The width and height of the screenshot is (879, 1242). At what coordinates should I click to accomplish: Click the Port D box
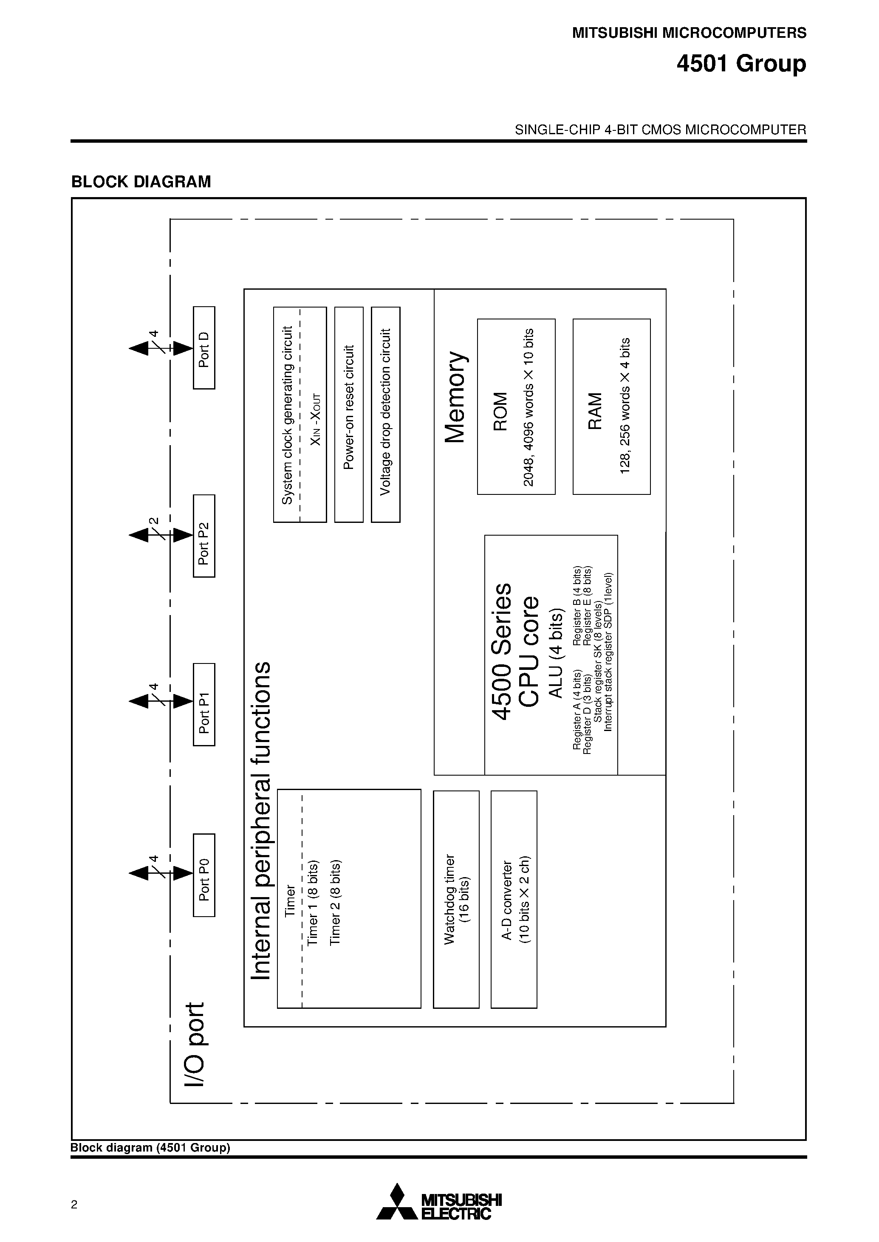(204, 347)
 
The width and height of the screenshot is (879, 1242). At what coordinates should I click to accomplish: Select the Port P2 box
(204, 535)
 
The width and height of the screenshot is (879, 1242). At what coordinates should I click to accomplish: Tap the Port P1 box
(204, 704)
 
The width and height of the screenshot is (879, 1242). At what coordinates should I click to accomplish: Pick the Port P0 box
(204, 875)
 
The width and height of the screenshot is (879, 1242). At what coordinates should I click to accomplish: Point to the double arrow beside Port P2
(160, 535)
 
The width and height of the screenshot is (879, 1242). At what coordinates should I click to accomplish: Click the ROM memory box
(516, 406)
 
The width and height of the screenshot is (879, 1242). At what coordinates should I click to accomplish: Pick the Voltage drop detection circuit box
(385, 414)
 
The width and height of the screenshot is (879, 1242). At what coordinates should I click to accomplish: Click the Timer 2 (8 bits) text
(336, 902)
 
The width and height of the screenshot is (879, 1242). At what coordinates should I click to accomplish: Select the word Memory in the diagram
(456, 397)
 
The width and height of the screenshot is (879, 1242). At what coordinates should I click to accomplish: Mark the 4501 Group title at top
(741, 64)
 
